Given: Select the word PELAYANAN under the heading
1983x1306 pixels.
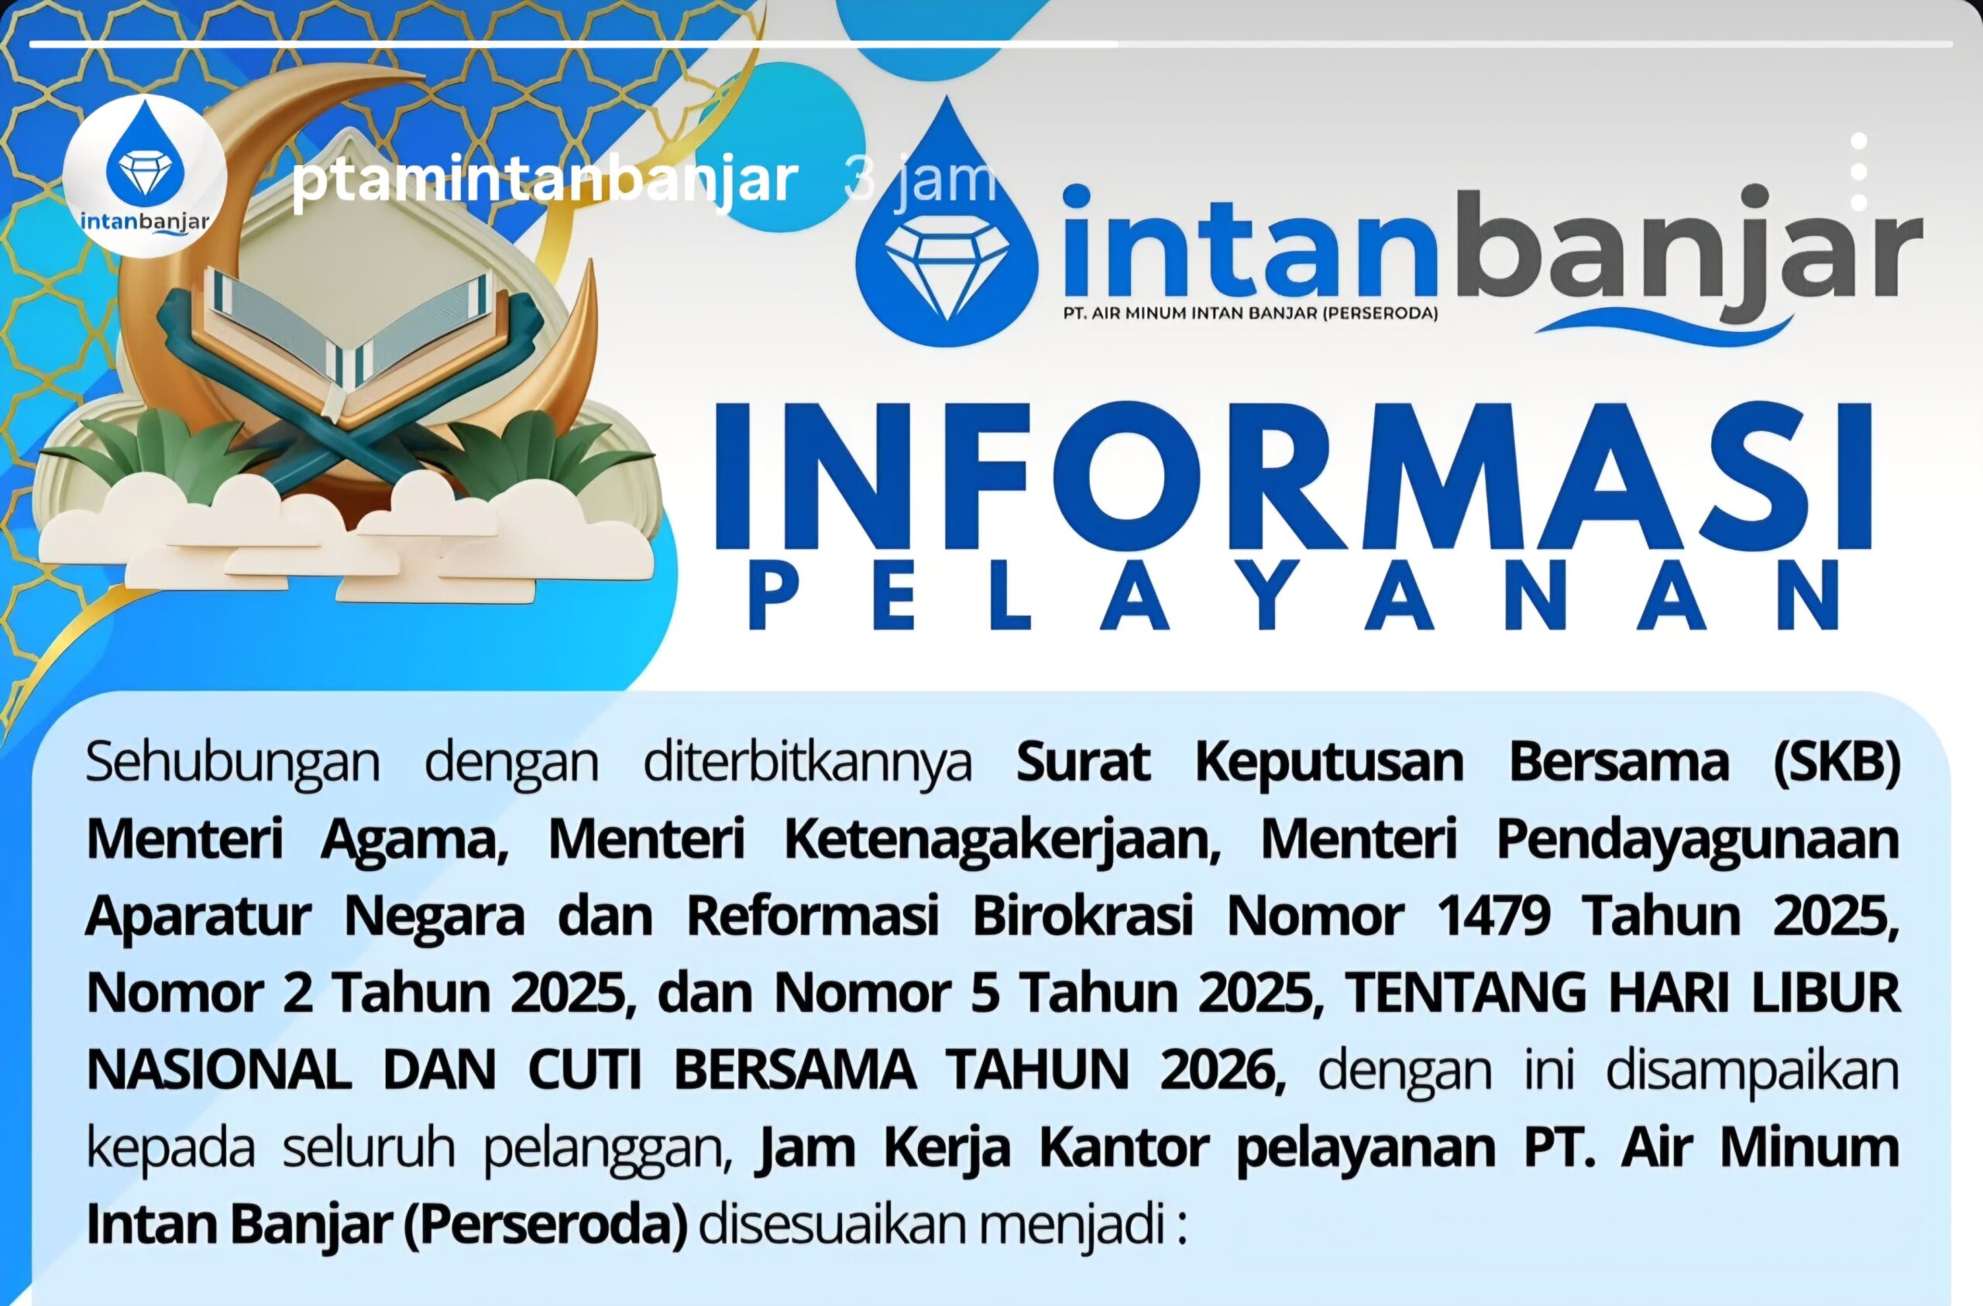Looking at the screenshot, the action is click(1293, 596).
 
